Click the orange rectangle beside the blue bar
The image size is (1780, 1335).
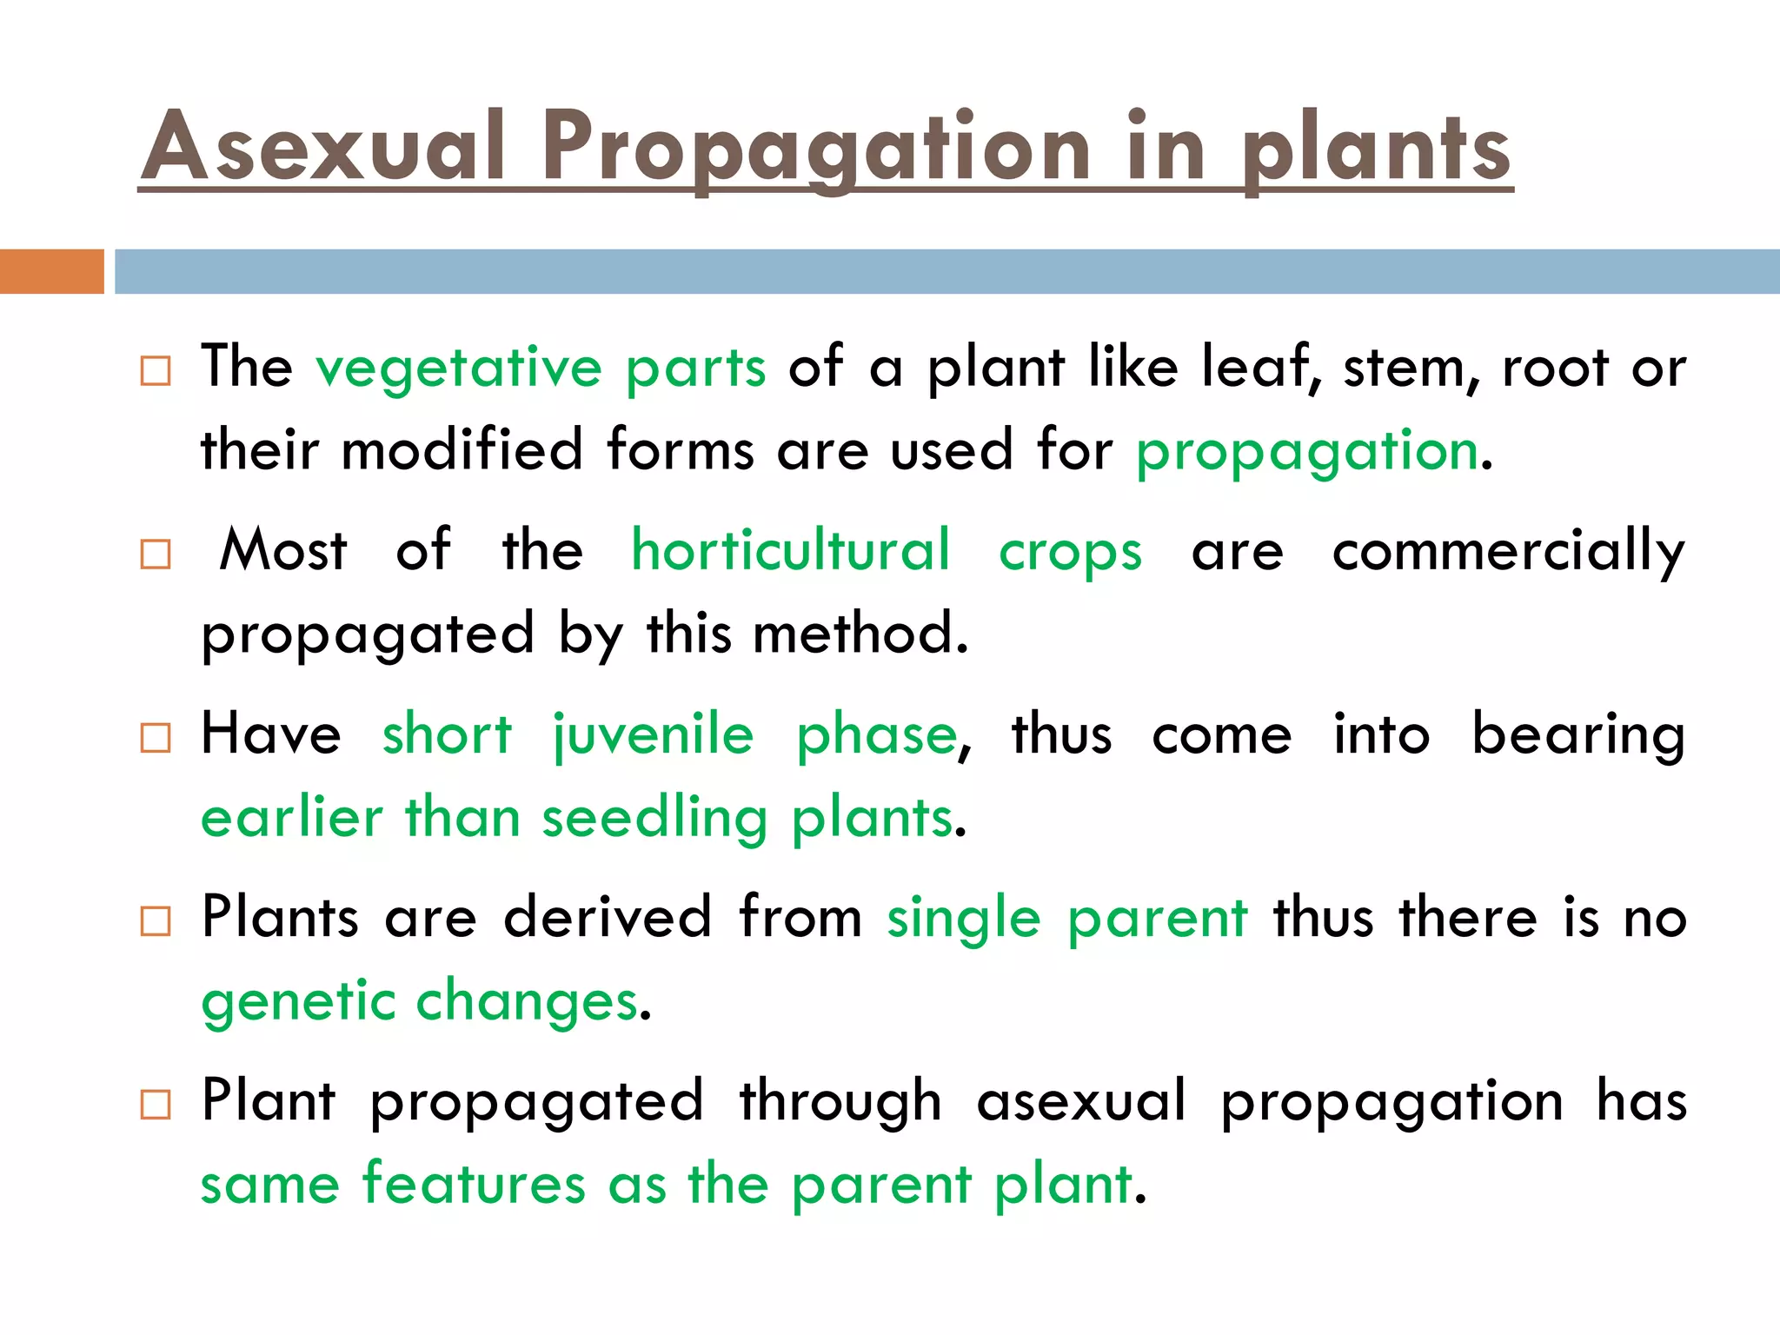point(51,271)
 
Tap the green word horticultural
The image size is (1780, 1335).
point(790,551)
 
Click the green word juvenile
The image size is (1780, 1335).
point(654,735)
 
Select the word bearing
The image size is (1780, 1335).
point(1578,735)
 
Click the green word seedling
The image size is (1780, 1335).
point(654,819)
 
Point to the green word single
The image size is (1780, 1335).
point(963,920)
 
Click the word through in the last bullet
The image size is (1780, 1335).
point(840,1102)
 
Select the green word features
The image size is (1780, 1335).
point(474,1184)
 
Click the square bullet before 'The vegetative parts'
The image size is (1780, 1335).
point(156,371)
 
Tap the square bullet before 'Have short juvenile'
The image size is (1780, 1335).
point(156,738)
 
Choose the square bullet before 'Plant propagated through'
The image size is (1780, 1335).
point(156,1105)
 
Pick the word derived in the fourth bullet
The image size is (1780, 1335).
point(608,918)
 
